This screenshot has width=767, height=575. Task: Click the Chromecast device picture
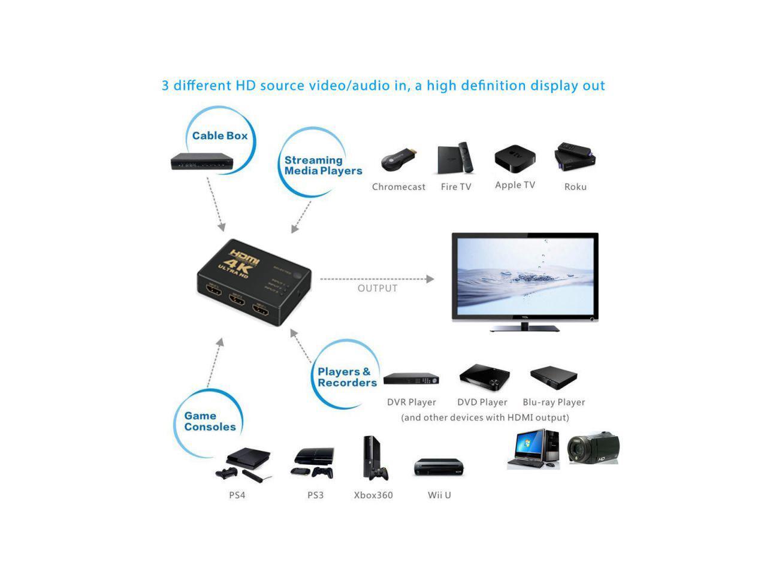398,161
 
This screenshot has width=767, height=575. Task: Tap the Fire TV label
456,187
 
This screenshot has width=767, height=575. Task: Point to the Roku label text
575,187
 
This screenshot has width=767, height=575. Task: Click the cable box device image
202,161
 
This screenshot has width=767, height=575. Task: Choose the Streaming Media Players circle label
322,165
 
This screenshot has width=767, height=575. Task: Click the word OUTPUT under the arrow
378,288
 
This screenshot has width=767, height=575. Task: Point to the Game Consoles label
210,421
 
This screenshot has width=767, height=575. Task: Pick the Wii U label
439,495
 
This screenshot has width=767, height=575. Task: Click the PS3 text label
315,495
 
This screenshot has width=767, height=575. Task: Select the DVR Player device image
411,379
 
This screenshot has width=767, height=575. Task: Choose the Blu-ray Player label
554,402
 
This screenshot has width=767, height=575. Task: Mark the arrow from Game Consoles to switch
215,363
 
